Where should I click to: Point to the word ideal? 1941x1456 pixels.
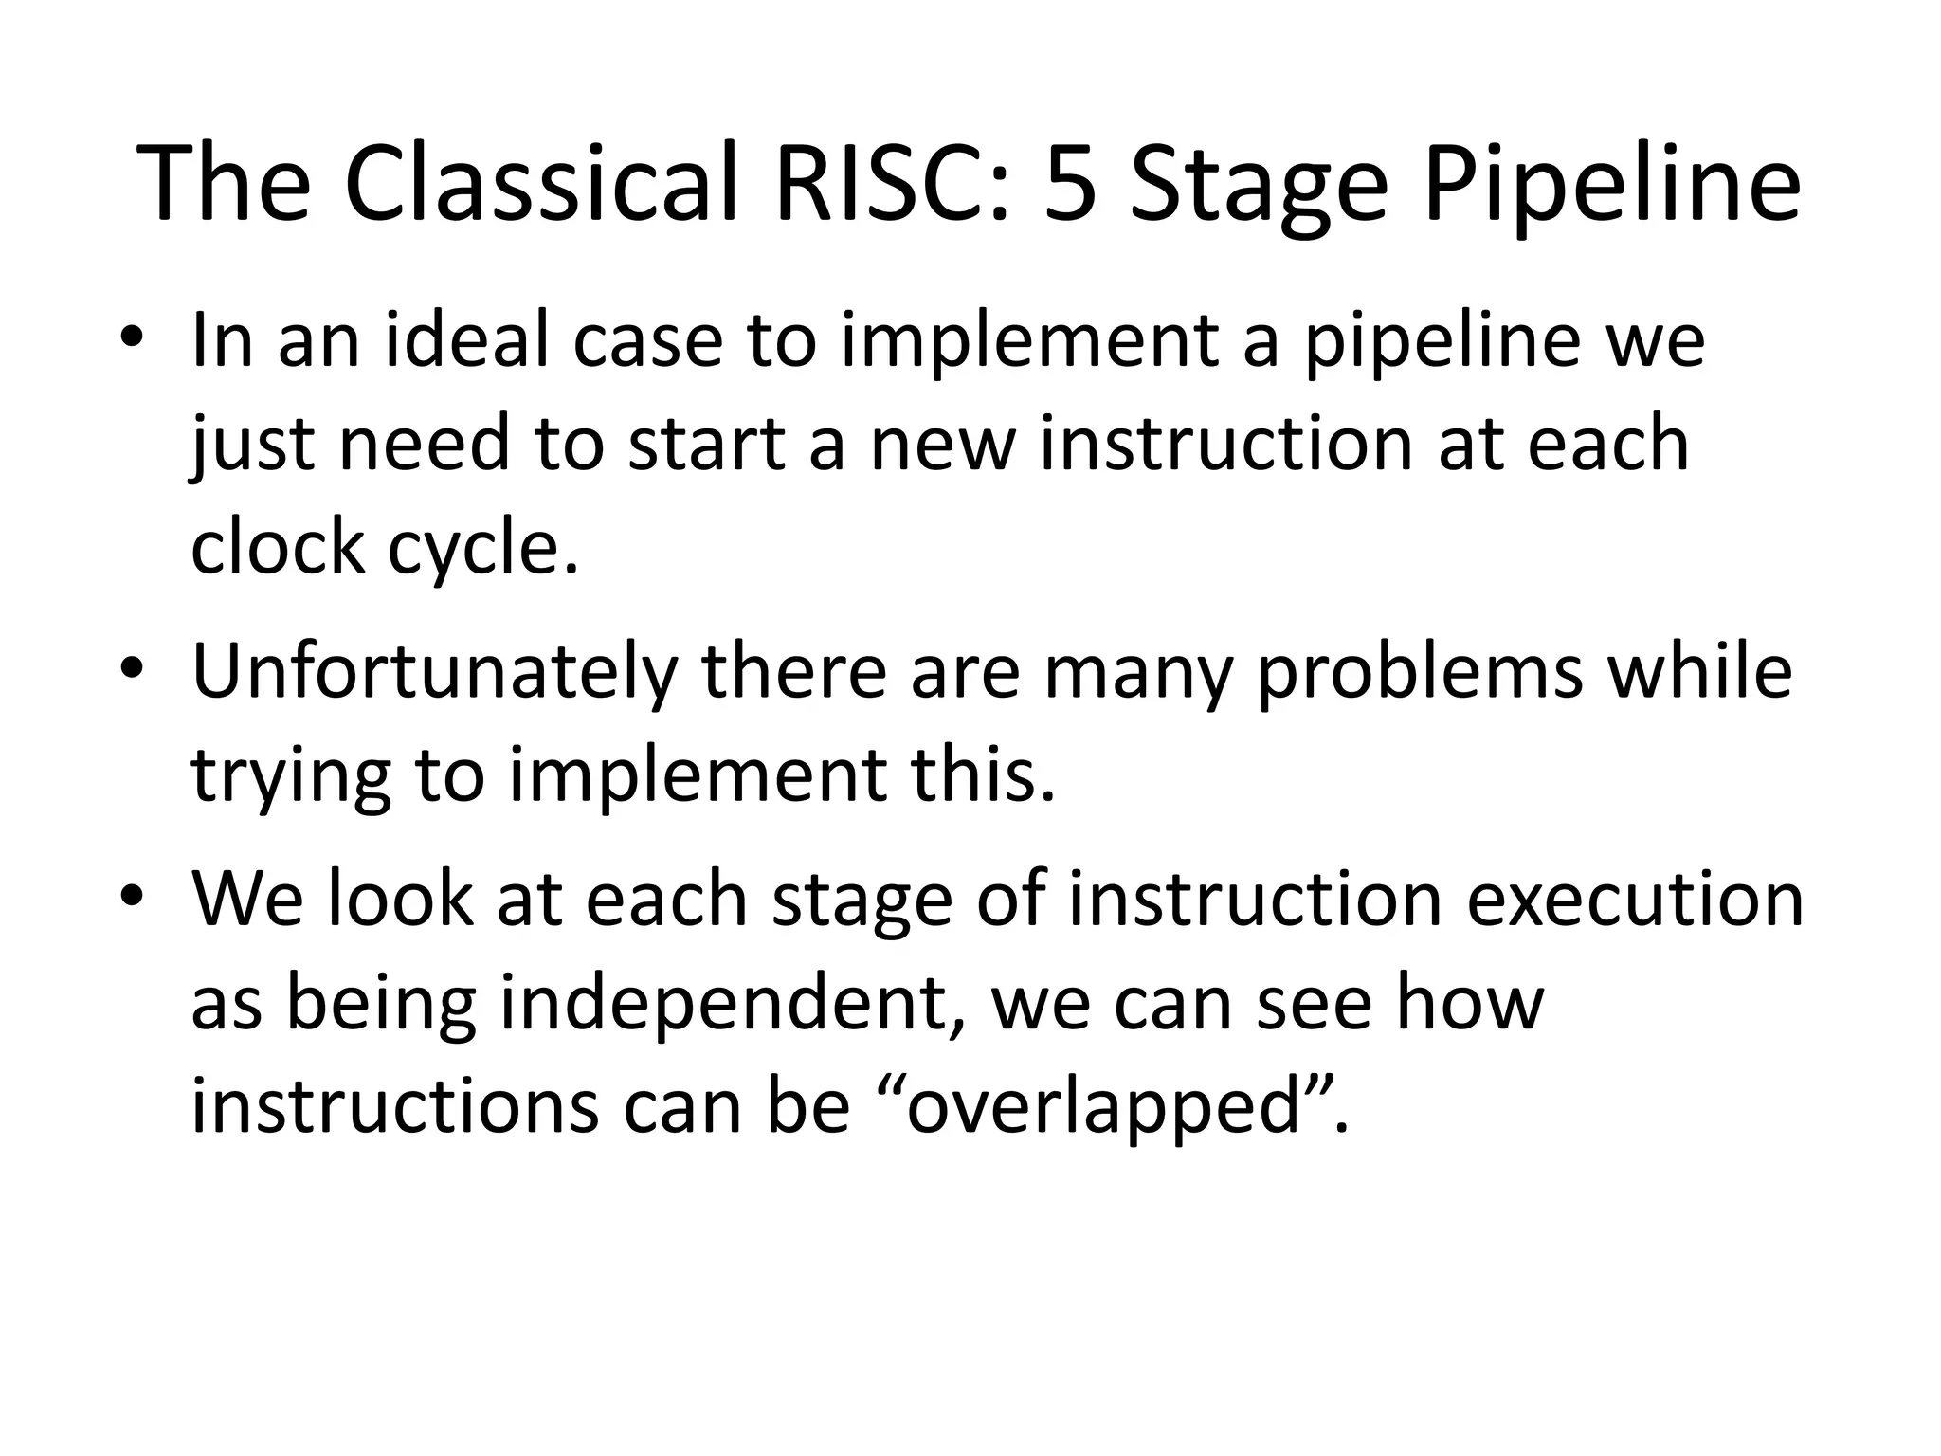[469, 340]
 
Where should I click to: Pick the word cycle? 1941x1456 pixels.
[482, 550]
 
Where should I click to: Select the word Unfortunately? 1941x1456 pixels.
[435, 672]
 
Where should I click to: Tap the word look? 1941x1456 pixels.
[399, 899]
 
